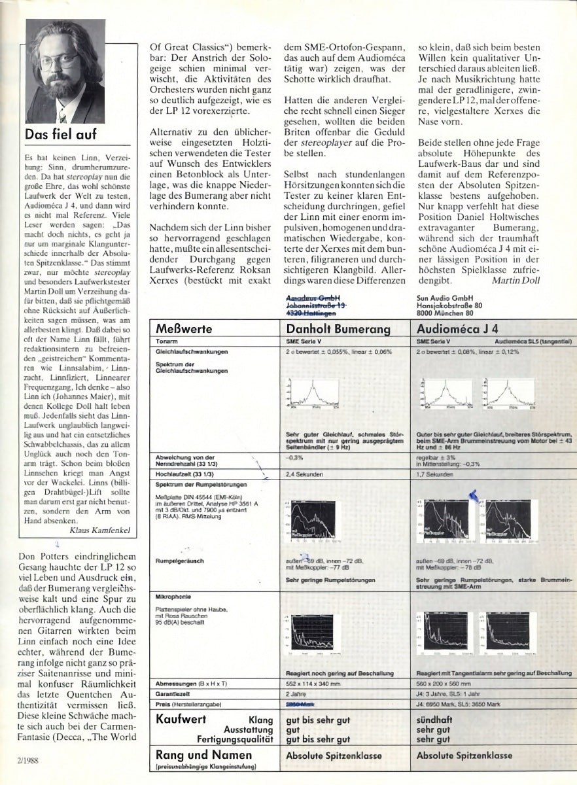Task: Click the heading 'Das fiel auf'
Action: [x=61, y=135]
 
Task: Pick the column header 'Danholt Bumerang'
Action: [x=338, y=329]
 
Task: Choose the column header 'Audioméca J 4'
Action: [x=457, y=329]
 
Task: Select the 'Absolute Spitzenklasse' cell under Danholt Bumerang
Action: [x=334, y=756]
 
